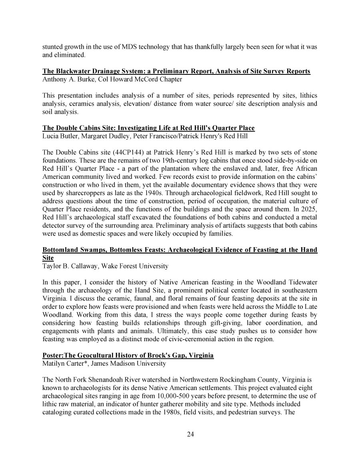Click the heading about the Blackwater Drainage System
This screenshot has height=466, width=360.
[x=176, y=71]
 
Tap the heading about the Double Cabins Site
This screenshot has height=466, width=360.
[x=148, y=128]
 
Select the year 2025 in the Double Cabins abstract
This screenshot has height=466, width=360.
[x=310, y=209]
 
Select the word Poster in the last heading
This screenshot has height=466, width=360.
[x=53, y=356]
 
